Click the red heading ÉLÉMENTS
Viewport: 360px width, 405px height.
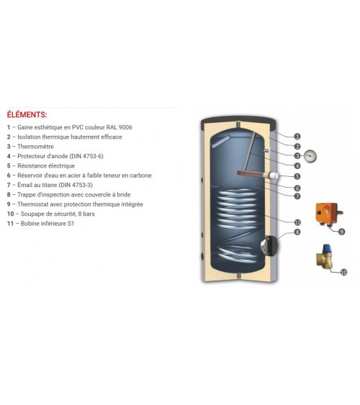27,114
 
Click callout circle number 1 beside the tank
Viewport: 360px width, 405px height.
297,137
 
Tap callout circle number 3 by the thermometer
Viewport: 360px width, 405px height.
297,156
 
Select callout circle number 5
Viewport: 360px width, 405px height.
297,176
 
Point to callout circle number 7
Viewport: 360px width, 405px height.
297,196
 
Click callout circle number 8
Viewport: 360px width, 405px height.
297,232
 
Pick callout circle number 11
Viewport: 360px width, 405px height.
297,222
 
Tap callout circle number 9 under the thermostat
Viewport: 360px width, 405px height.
341,232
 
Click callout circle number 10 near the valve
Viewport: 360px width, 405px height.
343,272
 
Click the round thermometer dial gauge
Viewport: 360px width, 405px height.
310,156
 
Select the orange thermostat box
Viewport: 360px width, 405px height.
327,214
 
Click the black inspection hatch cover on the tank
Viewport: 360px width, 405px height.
273,245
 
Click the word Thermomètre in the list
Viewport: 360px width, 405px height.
36,147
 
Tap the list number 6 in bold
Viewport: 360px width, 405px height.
9,176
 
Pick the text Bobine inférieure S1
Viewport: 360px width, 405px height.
48,224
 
